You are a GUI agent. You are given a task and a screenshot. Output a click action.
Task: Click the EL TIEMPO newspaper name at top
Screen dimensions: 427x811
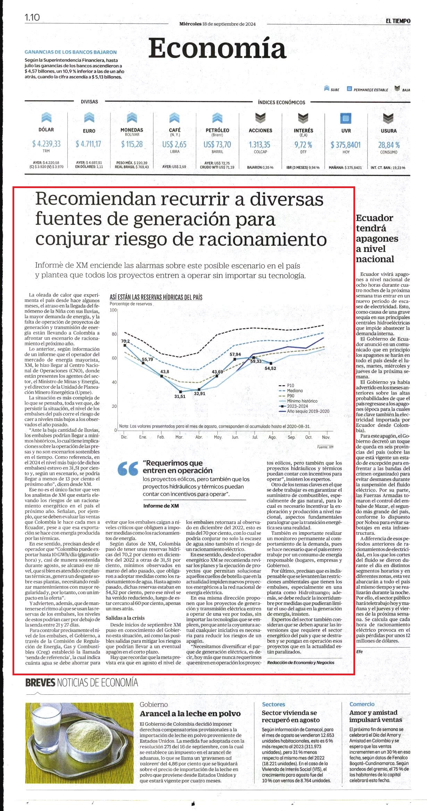click(x=398, y=21)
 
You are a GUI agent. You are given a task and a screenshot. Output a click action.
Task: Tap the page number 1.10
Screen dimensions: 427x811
click(x=32, y=17)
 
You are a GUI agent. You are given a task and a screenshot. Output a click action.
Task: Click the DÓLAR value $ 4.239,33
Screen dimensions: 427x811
click(x=46, y=144)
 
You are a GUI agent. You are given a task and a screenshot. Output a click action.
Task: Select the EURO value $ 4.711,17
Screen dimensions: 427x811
click(x=89, y=144)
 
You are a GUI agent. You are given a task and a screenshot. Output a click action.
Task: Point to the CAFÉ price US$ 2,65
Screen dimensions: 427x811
click(x=174, y=144)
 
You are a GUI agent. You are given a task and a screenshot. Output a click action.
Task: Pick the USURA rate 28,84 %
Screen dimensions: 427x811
click(x=389, y=145)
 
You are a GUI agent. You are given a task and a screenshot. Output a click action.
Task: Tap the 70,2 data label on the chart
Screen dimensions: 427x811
click(x=125, y=341)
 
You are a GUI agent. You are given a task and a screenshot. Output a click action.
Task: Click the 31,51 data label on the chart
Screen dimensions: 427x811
click(x=180, y=396)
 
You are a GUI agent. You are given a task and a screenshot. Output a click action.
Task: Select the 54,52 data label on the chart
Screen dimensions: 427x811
click(x=270, y=368)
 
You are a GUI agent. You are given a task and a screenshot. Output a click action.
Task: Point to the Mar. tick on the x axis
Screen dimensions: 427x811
click(x=179, y=437)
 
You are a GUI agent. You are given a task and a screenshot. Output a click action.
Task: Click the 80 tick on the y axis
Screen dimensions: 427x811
click(x=114, y=334)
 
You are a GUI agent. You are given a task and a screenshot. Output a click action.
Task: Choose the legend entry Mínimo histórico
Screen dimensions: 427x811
click(x=302, y=401)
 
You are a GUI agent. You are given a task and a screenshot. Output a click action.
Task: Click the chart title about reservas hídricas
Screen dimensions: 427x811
click(x=156, y=297)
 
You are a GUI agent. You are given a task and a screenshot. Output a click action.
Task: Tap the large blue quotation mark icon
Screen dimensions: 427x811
click(x=128, y=468)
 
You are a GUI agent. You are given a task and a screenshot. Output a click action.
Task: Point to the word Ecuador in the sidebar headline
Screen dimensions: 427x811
click(x=374, y=218)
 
